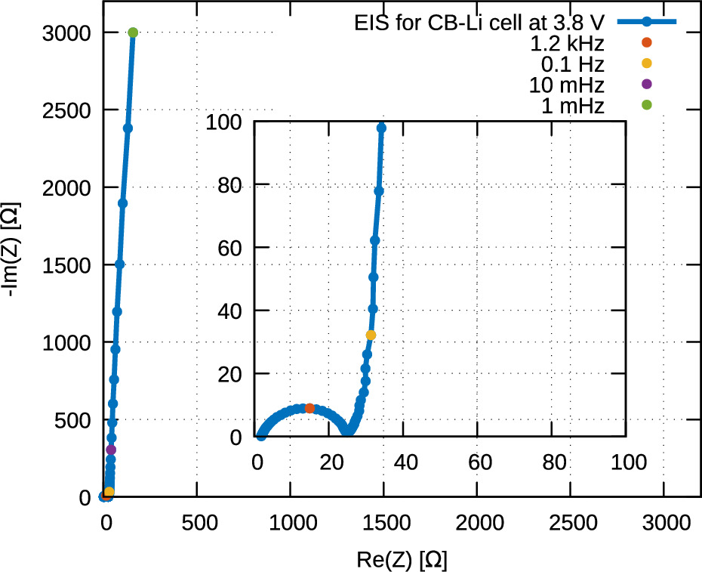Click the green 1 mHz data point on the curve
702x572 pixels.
coord(133,32)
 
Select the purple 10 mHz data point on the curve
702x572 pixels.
coord(111,450)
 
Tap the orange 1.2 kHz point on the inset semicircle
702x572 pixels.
coord(309,408)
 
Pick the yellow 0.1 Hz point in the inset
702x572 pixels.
coord(371,335)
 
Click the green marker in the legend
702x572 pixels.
coord(645,106)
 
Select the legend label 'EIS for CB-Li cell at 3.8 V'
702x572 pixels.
coord(480,22)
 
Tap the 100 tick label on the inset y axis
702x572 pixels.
coord(227,121)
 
